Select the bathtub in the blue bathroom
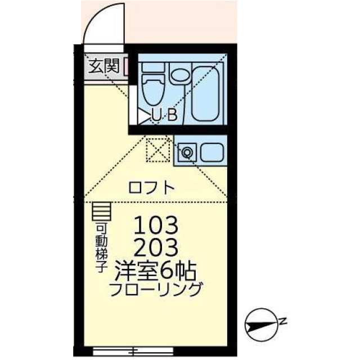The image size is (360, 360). point(206,93)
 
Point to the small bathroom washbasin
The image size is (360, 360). point(180,75)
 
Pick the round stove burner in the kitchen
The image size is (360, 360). point(187,151)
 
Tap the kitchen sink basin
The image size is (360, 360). point(211,152)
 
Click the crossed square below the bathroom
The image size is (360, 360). point(157,149)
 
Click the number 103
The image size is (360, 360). point(156,226)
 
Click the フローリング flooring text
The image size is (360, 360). point(155,291)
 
